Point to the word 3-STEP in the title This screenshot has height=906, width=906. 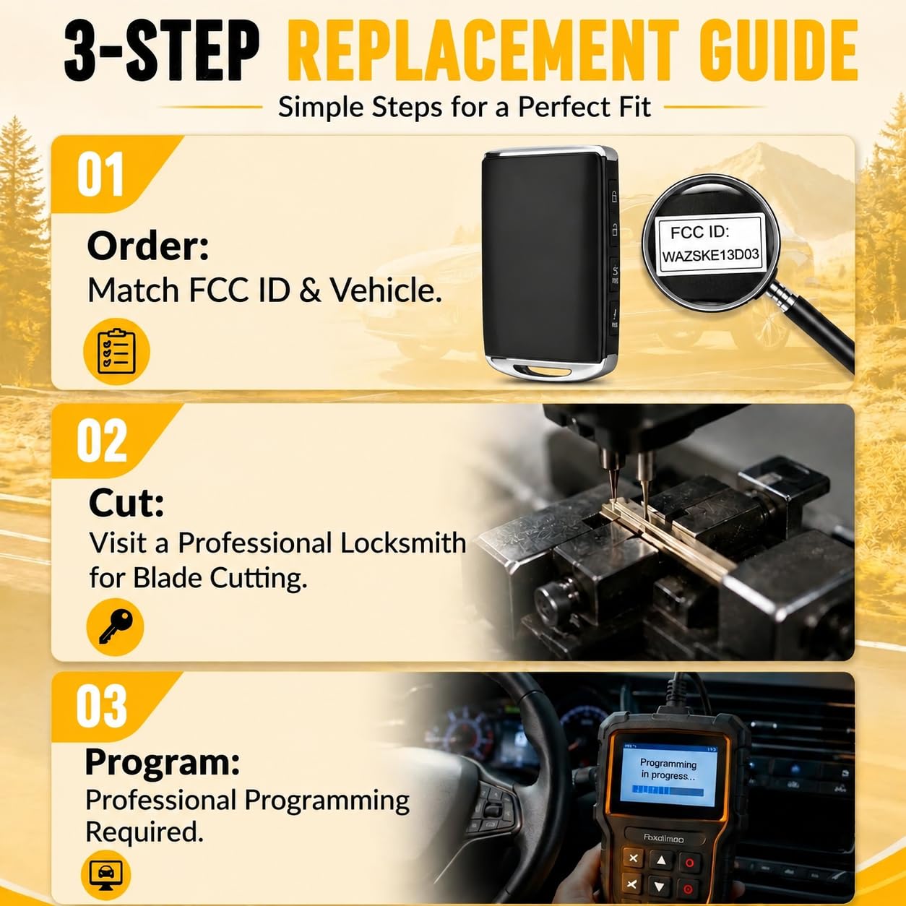(161, 51)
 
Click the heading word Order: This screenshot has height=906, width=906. (147, 247)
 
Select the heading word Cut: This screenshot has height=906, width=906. (126, 503)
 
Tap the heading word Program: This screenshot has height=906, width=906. (163, 764)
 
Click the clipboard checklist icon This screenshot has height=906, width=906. (116, 351)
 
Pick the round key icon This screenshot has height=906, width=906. (115, 626)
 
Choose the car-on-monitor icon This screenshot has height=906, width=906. (106, 873)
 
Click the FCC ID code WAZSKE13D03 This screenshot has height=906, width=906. (710, 256)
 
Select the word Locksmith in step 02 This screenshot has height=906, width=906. (403, 543)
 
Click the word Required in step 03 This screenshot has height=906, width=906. (144, 832)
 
